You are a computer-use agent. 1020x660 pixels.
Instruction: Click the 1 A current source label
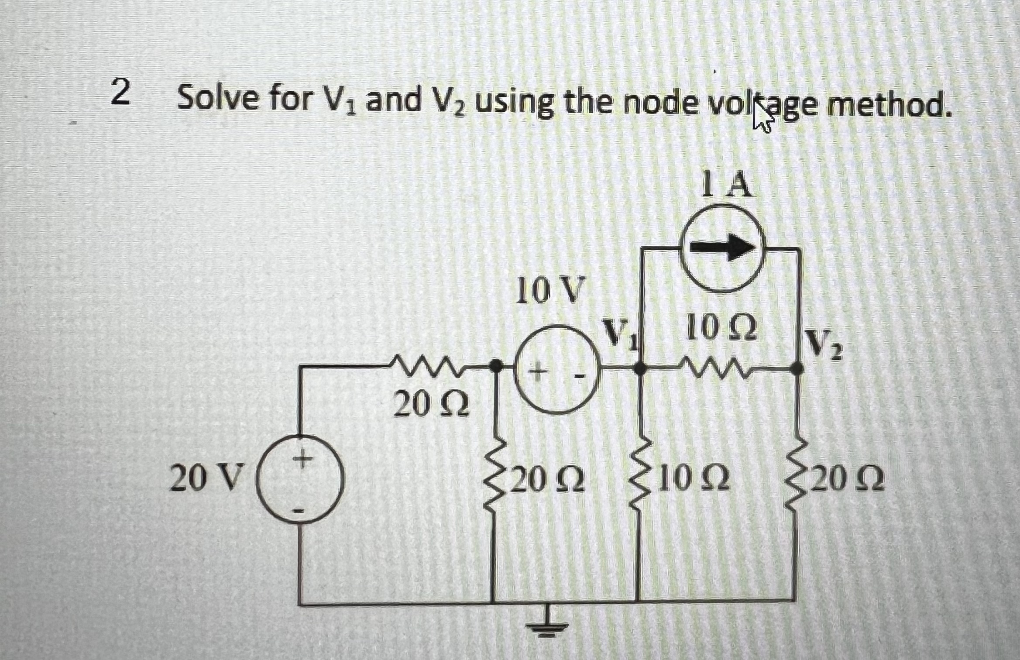[x=728, y=184]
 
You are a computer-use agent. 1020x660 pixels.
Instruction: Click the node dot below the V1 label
[x=639, y=369]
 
